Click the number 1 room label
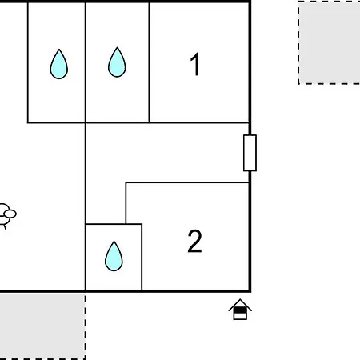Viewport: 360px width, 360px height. point(195,64)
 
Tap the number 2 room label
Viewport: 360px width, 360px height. point(194,241)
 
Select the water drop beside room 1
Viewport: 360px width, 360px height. point(117,62)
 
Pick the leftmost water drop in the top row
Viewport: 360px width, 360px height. point(59,64)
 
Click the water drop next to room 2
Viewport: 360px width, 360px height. point(114,256)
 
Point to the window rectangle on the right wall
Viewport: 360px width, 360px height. point(250,153)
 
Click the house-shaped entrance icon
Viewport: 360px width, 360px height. point(240,310)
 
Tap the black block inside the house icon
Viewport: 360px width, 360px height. point(240,310)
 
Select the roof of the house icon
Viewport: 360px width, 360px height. point(240,305)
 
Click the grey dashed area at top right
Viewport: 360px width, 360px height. point(330,42)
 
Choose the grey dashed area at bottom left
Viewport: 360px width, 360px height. point(42,326)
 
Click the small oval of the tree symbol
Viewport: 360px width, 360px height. point(10,214)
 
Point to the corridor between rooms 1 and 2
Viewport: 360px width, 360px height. point(167,153)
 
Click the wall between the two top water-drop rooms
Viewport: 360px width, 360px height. point(86,62)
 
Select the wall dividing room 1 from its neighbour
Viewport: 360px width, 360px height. point(149,62)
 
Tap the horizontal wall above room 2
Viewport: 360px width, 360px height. point(187,182)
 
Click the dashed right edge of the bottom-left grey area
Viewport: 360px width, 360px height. point(86,326)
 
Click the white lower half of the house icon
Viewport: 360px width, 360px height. point(240,316)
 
